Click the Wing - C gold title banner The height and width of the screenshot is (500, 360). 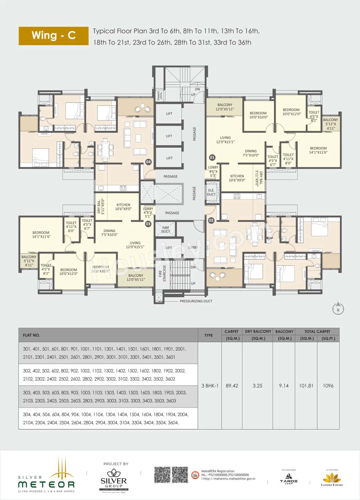tap(53, 36)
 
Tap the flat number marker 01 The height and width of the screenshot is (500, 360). tap(212, 157)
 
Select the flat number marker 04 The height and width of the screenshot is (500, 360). tap(148, 162)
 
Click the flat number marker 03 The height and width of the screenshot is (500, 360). tap(148, 224)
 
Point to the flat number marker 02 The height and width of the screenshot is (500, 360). tap(211, 220)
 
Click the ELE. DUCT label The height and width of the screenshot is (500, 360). tap(211, 192)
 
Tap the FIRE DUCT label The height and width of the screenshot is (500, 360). tap(166, 230)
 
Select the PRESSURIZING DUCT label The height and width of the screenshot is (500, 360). tap(196, 301)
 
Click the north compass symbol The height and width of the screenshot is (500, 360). tap(338, 309)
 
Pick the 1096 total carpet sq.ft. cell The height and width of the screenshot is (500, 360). tap(328, 386)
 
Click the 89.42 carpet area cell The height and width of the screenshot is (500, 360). tap(232, 386)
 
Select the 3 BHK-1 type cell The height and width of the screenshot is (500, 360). tap(210, 386)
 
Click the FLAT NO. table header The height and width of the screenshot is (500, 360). tap(31, 335)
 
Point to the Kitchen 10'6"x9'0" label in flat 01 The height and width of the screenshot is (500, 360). tap(237, 178)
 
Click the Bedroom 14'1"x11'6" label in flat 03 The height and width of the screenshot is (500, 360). tap(41, 235)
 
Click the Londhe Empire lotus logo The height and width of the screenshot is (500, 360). tap(332, 479)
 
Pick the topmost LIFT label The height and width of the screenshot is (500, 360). tap(169, 114)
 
